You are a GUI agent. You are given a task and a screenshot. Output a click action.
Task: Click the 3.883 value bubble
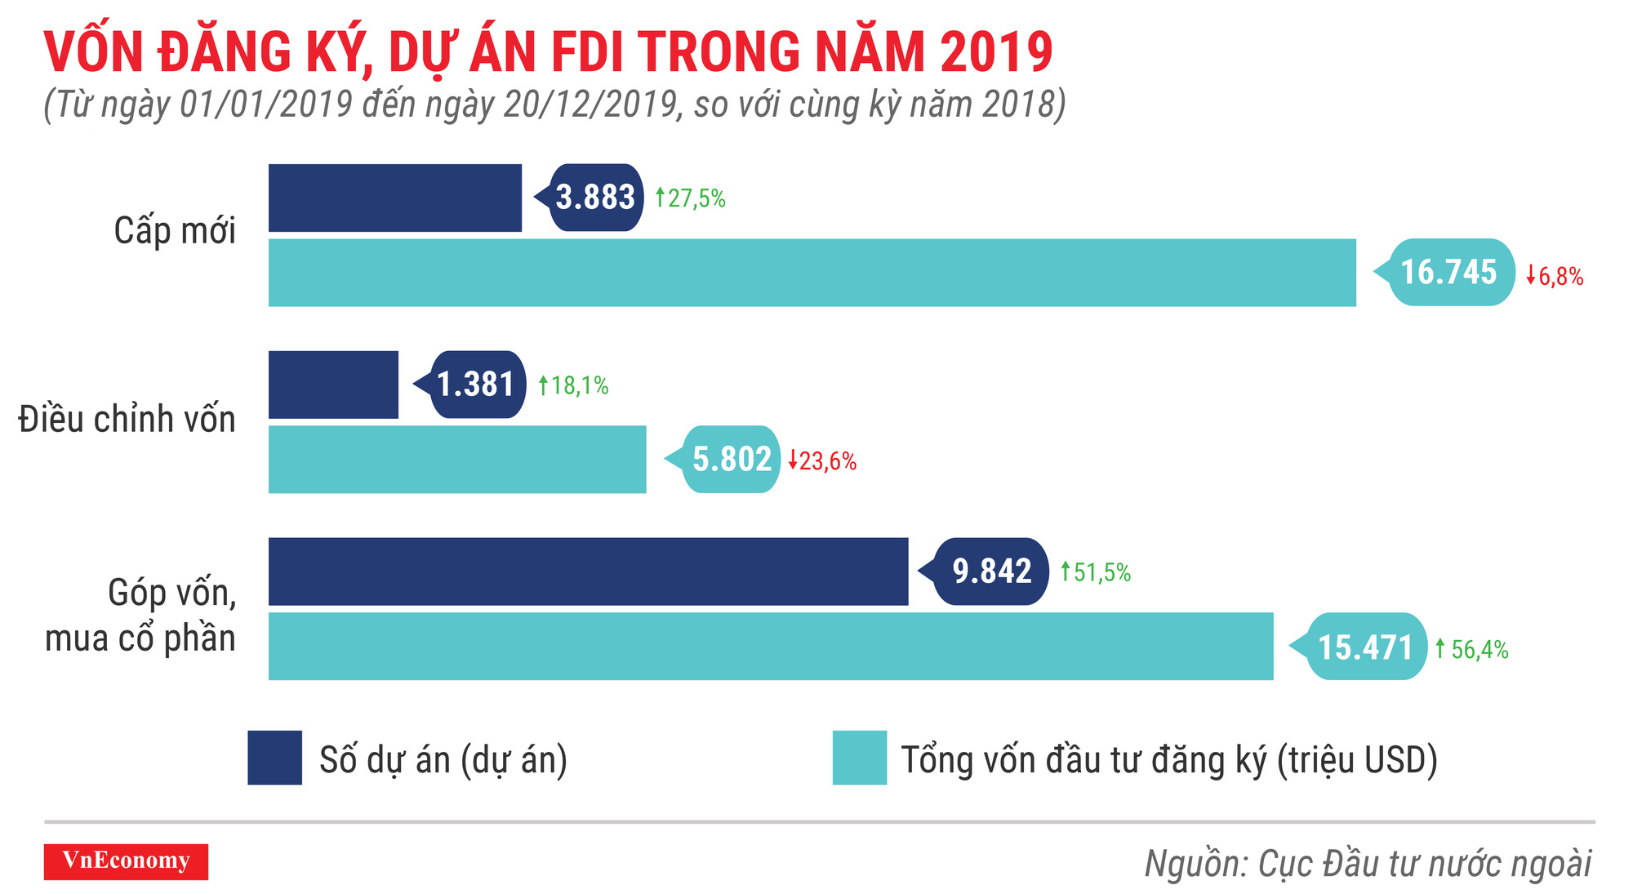click(x=595, y=198)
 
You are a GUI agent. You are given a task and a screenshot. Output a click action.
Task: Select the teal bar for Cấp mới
click(x=812, y=273)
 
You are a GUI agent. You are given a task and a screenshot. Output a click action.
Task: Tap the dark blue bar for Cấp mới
click(x=394, y=198)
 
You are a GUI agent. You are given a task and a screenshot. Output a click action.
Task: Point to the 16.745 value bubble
click(x=1450, y=273)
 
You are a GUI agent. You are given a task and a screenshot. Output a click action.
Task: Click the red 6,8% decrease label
click(x=1555, y=277)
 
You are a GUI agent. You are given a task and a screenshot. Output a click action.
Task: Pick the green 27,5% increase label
click(x=691, y=198)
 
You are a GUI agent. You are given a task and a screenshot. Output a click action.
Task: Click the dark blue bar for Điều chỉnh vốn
click(x=333, y=385)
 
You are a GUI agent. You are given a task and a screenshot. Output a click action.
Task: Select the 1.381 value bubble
click(x=476, y=385)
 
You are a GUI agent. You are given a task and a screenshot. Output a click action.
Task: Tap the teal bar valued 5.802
click(x=457, y=459)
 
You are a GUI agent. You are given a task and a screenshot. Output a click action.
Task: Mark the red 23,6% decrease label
click(x=823, y=461)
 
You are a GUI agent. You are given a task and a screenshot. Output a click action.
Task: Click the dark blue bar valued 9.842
click(x=588, y=572)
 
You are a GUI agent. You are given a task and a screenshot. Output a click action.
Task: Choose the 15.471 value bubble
click(x=1365, y=647)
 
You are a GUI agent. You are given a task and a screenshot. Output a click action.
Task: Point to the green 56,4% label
click(x=1472, y=650)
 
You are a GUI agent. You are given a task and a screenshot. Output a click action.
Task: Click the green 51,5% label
click(x=1096, y=572)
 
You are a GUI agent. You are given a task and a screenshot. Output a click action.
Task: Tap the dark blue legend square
click(x=275, y=758)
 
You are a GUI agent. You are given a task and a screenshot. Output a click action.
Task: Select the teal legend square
click(x=859, y=758)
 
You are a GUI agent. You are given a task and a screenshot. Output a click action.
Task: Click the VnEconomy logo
click(x=126, y=861)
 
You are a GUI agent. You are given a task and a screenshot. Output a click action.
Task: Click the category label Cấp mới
click(x=175, y=231)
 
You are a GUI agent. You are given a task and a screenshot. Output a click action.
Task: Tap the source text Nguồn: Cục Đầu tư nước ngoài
click(x=1368, y=864)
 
